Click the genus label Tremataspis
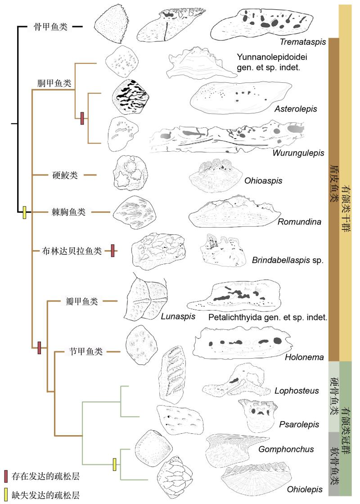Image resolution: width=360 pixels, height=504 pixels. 297,42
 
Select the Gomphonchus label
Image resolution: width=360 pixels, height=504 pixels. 280,449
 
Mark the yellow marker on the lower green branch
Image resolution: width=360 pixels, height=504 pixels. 114,464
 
